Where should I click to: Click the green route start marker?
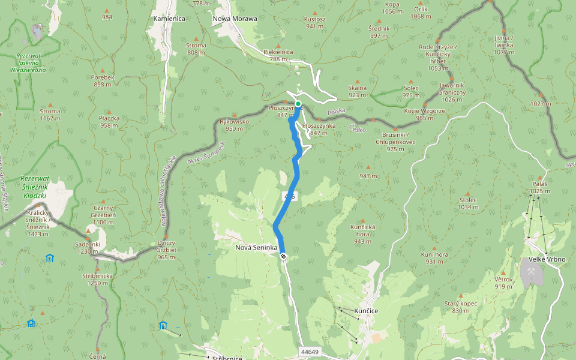pyautogui.click(x=298, y=104)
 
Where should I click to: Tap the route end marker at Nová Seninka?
pyautogui.click(x=283, y=256)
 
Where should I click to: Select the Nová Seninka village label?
pyautogui.click(x=256, y=247)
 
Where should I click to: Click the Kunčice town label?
pyautogui.click(x=365, y=311)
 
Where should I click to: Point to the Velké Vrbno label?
pyautogui.click(x=542, y=259)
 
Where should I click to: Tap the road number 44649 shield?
pyautogui.click(x=310, y=352)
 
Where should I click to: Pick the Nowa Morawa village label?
pyautogui.click(x=235, y=19)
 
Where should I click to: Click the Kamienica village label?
pyautogui.click(x=169, y=19)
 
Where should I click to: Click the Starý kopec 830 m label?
pyautogui.click(x=461, y=307)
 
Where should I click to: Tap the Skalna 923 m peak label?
pyautogui.click(x=357, y=91)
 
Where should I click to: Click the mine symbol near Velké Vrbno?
pyautogui.click(x=532, y=271)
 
